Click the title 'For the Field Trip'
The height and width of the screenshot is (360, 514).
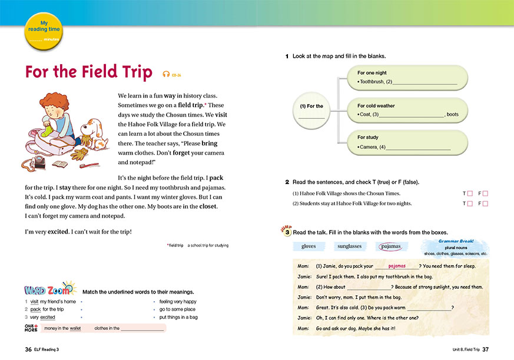88,72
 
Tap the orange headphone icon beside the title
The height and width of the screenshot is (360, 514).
167,74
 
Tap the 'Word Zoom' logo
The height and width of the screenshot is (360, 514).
50,290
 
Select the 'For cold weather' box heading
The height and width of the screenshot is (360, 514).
376,105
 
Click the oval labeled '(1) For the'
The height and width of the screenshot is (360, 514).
311,106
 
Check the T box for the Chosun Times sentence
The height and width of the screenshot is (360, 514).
469,193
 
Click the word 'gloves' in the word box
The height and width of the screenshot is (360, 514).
309,246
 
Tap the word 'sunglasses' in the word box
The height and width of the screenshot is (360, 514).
350,246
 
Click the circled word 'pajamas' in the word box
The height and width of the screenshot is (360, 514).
391,246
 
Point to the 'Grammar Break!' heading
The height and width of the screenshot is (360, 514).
456,241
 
